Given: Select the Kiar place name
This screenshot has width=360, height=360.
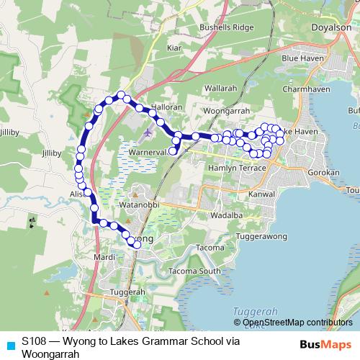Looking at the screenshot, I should tap(174, 48).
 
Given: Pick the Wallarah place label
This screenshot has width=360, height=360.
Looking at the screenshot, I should tap(220, 88).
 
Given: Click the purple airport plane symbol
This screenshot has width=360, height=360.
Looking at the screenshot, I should tap(148, 132).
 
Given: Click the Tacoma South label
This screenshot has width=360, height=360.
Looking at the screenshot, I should tap(194, 271).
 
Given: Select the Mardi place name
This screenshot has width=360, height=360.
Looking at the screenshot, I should tap(104, 257).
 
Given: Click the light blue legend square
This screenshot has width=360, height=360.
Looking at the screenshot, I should tap(9, 345).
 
